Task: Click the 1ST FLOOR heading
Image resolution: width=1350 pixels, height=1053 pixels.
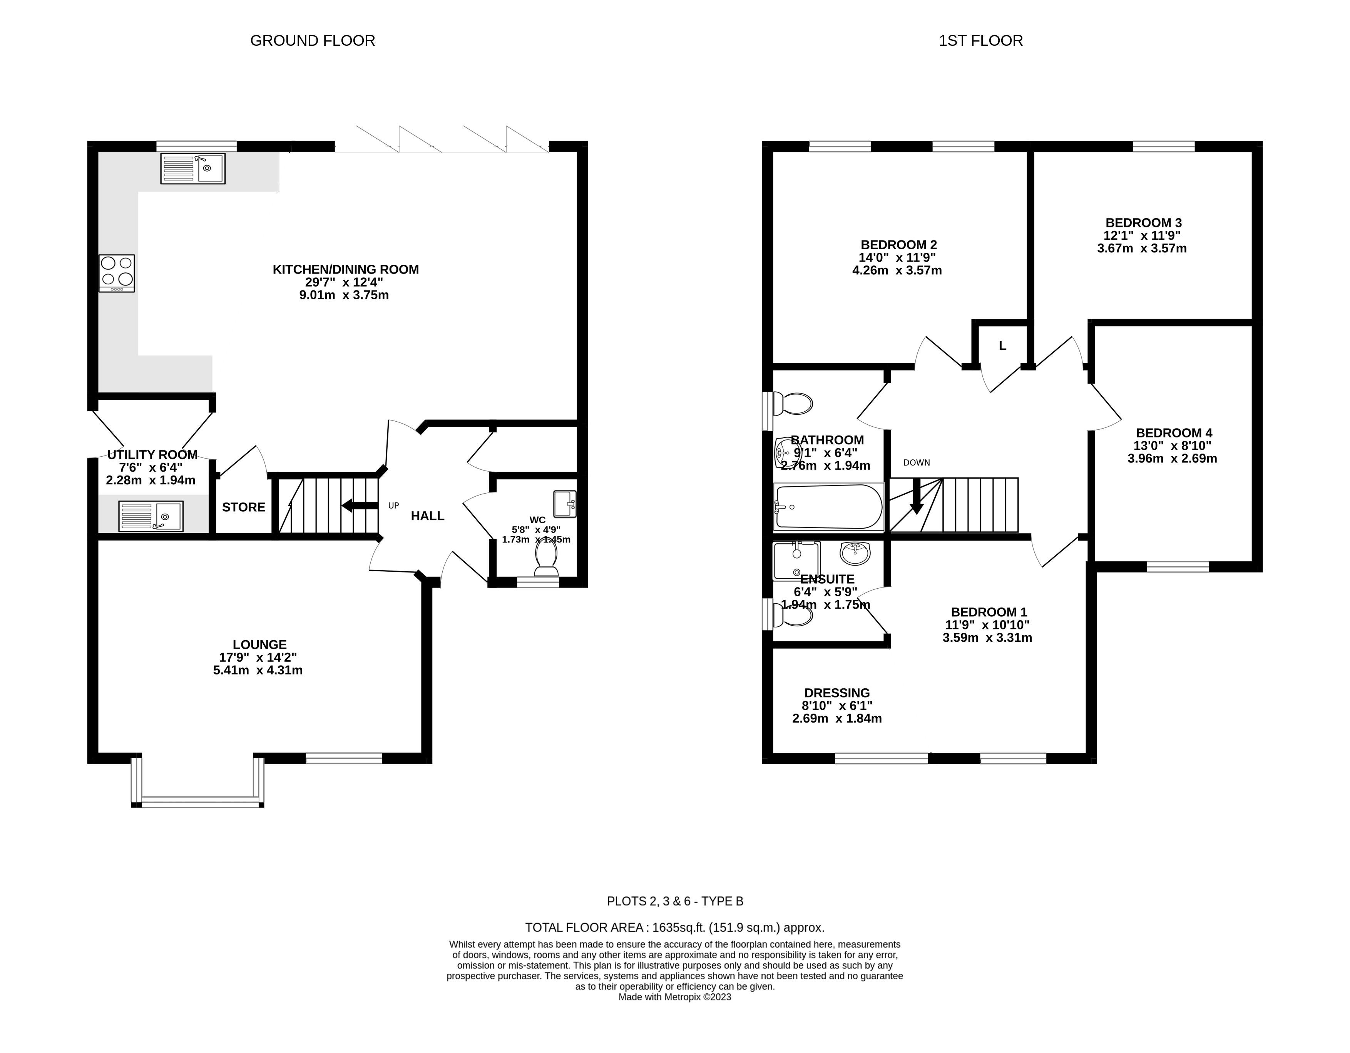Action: (x=980, y=41)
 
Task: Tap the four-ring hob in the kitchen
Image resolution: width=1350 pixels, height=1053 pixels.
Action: (x=116, y=273)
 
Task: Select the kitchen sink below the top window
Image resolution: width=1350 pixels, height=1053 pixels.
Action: (x=193, y=168)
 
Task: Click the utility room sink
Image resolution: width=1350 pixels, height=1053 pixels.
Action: (x=151, y=516)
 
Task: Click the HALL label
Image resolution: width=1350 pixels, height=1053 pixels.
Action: (x=428, y=516)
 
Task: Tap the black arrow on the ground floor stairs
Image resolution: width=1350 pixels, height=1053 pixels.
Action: (x=360, y=506)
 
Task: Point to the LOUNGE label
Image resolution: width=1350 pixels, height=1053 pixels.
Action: (x=259, y=644)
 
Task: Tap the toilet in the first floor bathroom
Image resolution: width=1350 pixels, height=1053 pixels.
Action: (x=793, y=404)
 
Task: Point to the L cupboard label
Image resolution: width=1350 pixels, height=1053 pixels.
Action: (x=1003, y=346)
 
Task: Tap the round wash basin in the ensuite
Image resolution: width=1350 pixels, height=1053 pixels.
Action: (x=855, y=552)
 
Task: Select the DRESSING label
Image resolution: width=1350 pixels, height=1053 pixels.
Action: (x=837, y=693)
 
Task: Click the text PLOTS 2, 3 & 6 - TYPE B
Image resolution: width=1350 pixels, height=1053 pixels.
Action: (x=675, y=901)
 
